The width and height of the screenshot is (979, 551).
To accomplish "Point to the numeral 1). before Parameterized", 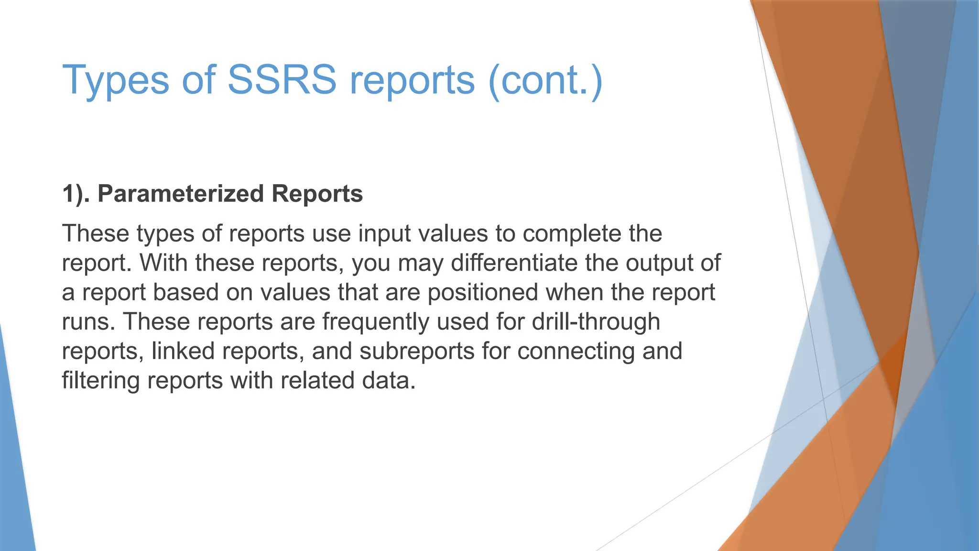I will point(76,194).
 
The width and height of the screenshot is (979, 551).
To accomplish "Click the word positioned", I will point(483,292).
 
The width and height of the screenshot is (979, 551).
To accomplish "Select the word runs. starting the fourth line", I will point(89,321).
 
